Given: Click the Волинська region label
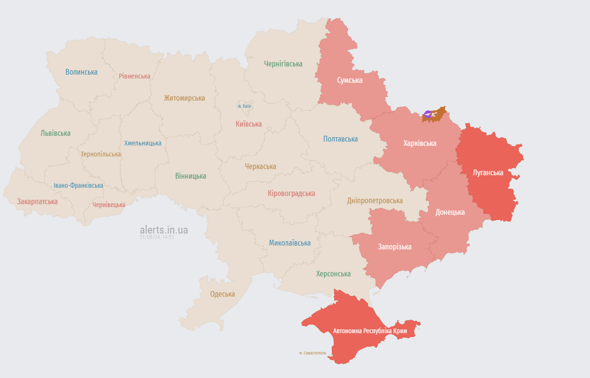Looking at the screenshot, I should pyautogui.click(x=81, y=72).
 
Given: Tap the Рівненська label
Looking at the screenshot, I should pyautogui.click(x=134, y=76).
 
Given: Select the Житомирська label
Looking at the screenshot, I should pyautogui.click(x=184, y=98).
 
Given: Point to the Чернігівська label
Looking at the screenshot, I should pyautogui.click(x=283, y=64).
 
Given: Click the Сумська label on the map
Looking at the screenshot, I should pyautogui.click(x=350, y=80).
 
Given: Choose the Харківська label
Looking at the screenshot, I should pyautogui.click(x=420, y=143).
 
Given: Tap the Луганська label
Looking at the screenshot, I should pyautogui.click(x=488, y=173).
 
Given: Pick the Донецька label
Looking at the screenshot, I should pyautogui.click(x=450, y=212).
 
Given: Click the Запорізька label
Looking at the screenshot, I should pyautogui.click(x=394, y=247).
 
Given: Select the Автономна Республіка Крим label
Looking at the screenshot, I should pyautogui.click(x=370, y=331).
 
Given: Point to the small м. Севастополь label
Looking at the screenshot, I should pyautogui.click(x=312, y=353).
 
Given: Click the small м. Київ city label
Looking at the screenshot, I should pyautogui.click(x=244, y=106).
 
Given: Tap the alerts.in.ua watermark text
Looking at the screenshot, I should pyautogui.click(x=164, y=230).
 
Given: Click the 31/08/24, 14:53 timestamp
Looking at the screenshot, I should pyautogui.click(x=157, y=237).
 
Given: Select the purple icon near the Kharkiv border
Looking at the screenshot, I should pyautogui.click(x=427, y=114).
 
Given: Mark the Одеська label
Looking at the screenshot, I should pyautogui.click(x=222, y=294).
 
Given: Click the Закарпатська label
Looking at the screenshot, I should pyautogui.click(x=37, y=202).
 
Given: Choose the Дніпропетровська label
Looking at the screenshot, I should pyautogui.click(x=375, y=200).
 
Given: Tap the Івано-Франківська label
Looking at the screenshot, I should pyautogui.click(x=78, y=186).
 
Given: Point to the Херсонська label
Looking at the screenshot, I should pyautogui.click(x=333, y=274).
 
